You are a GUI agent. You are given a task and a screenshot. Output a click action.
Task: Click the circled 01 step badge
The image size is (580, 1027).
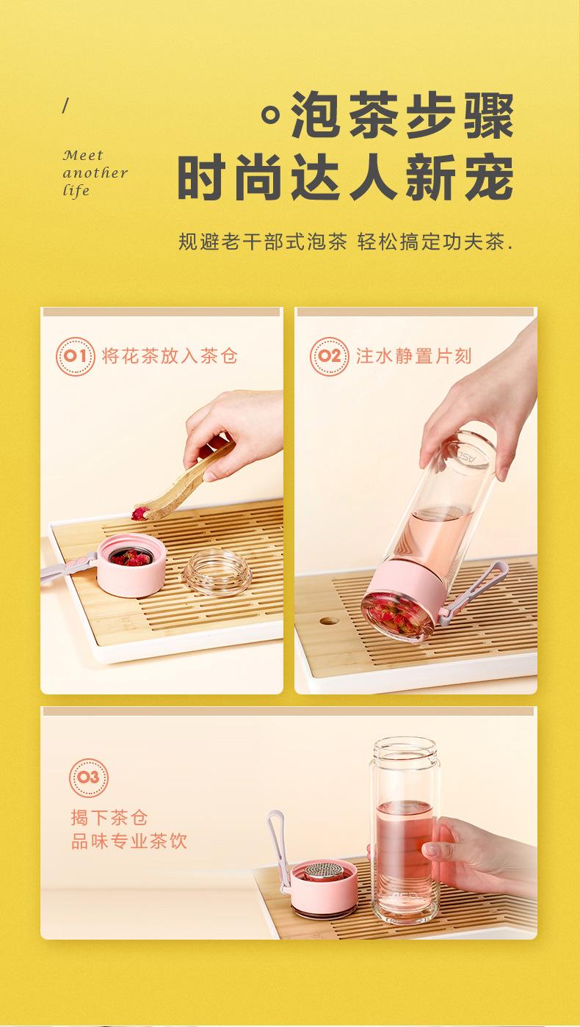coord(75,356)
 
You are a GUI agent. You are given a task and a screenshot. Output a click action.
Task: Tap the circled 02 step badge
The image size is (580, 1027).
coord(329,356)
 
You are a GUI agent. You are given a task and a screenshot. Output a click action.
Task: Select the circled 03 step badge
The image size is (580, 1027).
coord(89,777)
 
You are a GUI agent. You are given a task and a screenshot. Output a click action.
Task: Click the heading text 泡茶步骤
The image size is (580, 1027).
coord(402,115)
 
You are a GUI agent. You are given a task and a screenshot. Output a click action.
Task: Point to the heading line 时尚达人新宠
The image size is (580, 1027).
coord(345,178)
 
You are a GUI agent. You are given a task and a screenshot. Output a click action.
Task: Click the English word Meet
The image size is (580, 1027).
coord(83,155)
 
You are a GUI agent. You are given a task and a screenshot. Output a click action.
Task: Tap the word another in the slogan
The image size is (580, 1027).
coord(95,173)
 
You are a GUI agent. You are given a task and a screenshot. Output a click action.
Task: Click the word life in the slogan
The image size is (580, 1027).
coord(76,190)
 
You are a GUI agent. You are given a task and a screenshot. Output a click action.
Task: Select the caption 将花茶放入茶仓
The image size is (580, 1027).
coord(170,356)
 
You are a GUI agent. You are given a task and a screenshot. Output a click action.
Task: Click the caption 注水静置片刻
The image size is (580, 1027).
coord(413,356)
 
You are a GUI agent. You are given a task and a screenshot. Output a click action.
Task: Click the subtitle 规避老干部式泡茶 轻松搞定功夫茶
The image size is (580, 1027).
coord(346,242)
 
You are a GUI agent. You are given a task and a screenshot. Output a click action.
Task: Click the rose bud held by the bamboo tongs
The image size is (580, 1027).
coord(139,514)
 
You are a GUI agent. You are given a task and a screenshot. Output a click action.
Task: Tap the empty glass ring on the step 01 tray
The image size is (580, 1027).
coord(217,572)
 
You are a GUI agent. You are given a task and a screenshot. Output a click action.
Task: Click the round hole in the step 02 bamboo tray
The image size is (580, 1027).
coord(329,621)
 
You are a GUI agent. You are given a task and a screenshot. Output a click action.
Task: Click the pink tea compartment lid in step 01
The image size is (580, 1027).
coord(131,566)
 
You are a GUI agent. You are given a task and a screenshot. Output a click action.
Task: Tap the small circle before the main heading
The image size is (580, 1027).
coord(271,115)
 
